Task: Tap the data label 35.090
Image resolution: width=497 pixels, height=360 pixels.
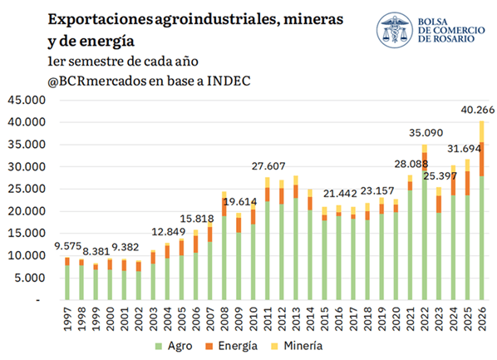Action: [426, 132]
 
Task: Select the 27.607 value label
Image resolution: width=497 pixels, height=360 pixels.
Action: [268, 166]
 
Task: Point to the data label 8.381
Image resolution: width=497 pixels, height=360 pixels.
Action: [96, 252]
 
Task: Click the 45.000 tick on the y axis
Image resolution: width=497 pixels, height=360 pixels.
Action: [27, 100]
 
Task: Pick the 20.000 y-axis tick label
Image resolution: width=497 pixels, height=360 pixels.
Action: [27, 211]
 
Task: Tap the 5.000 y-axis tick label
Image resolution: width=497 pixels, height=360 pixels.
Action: [30, 278]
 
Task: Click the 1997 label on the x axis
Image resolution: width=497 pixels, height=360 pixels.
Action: [66, 318]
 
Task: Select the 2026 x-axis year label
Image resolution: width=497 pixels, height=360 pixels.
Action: [482, 318]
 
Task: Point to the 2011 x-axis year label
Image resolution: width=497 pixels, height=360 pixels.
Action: [268, 318]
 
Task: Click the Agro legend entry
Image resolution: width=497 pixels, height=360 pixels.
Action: [174, 346]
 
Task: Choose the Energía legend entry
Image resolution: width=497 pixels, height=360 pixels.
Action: [231, 346]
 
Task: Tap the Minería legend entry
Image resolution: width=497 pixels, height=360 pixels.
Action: [297, 346]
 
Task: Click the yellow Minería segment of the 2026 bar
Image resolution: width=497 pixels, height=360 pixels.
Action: [482, 131]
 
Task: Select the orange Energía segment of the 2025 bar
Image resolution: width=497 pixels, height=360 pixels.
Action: [468, 184]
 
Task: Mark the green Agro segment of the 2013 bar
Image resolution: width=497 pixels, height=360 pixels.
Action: [296, 249]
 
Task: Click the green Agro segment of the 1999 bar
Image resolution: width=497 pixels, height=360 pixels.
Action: [96, 285]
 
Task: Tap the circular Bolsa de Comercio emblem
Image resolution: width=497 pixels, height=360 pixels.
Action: [395, 30]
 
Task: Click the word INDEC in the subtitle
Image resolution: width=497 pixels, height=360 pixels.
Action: [229, 81]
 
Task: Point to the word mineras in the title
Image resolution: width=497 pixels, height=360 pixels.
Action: [313, 19]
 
